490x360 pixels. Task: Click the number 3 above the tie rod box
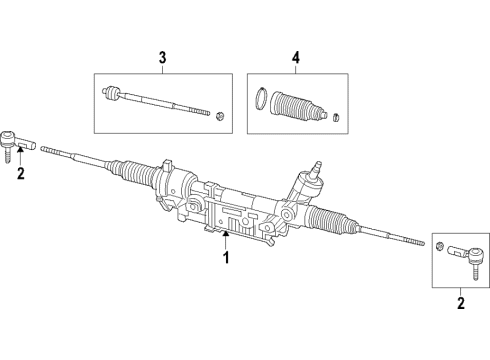pyautogui.click(x=160, y=58)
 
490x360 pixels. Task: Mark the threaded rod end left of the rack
pyautogui.click(x=58, y=152)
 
